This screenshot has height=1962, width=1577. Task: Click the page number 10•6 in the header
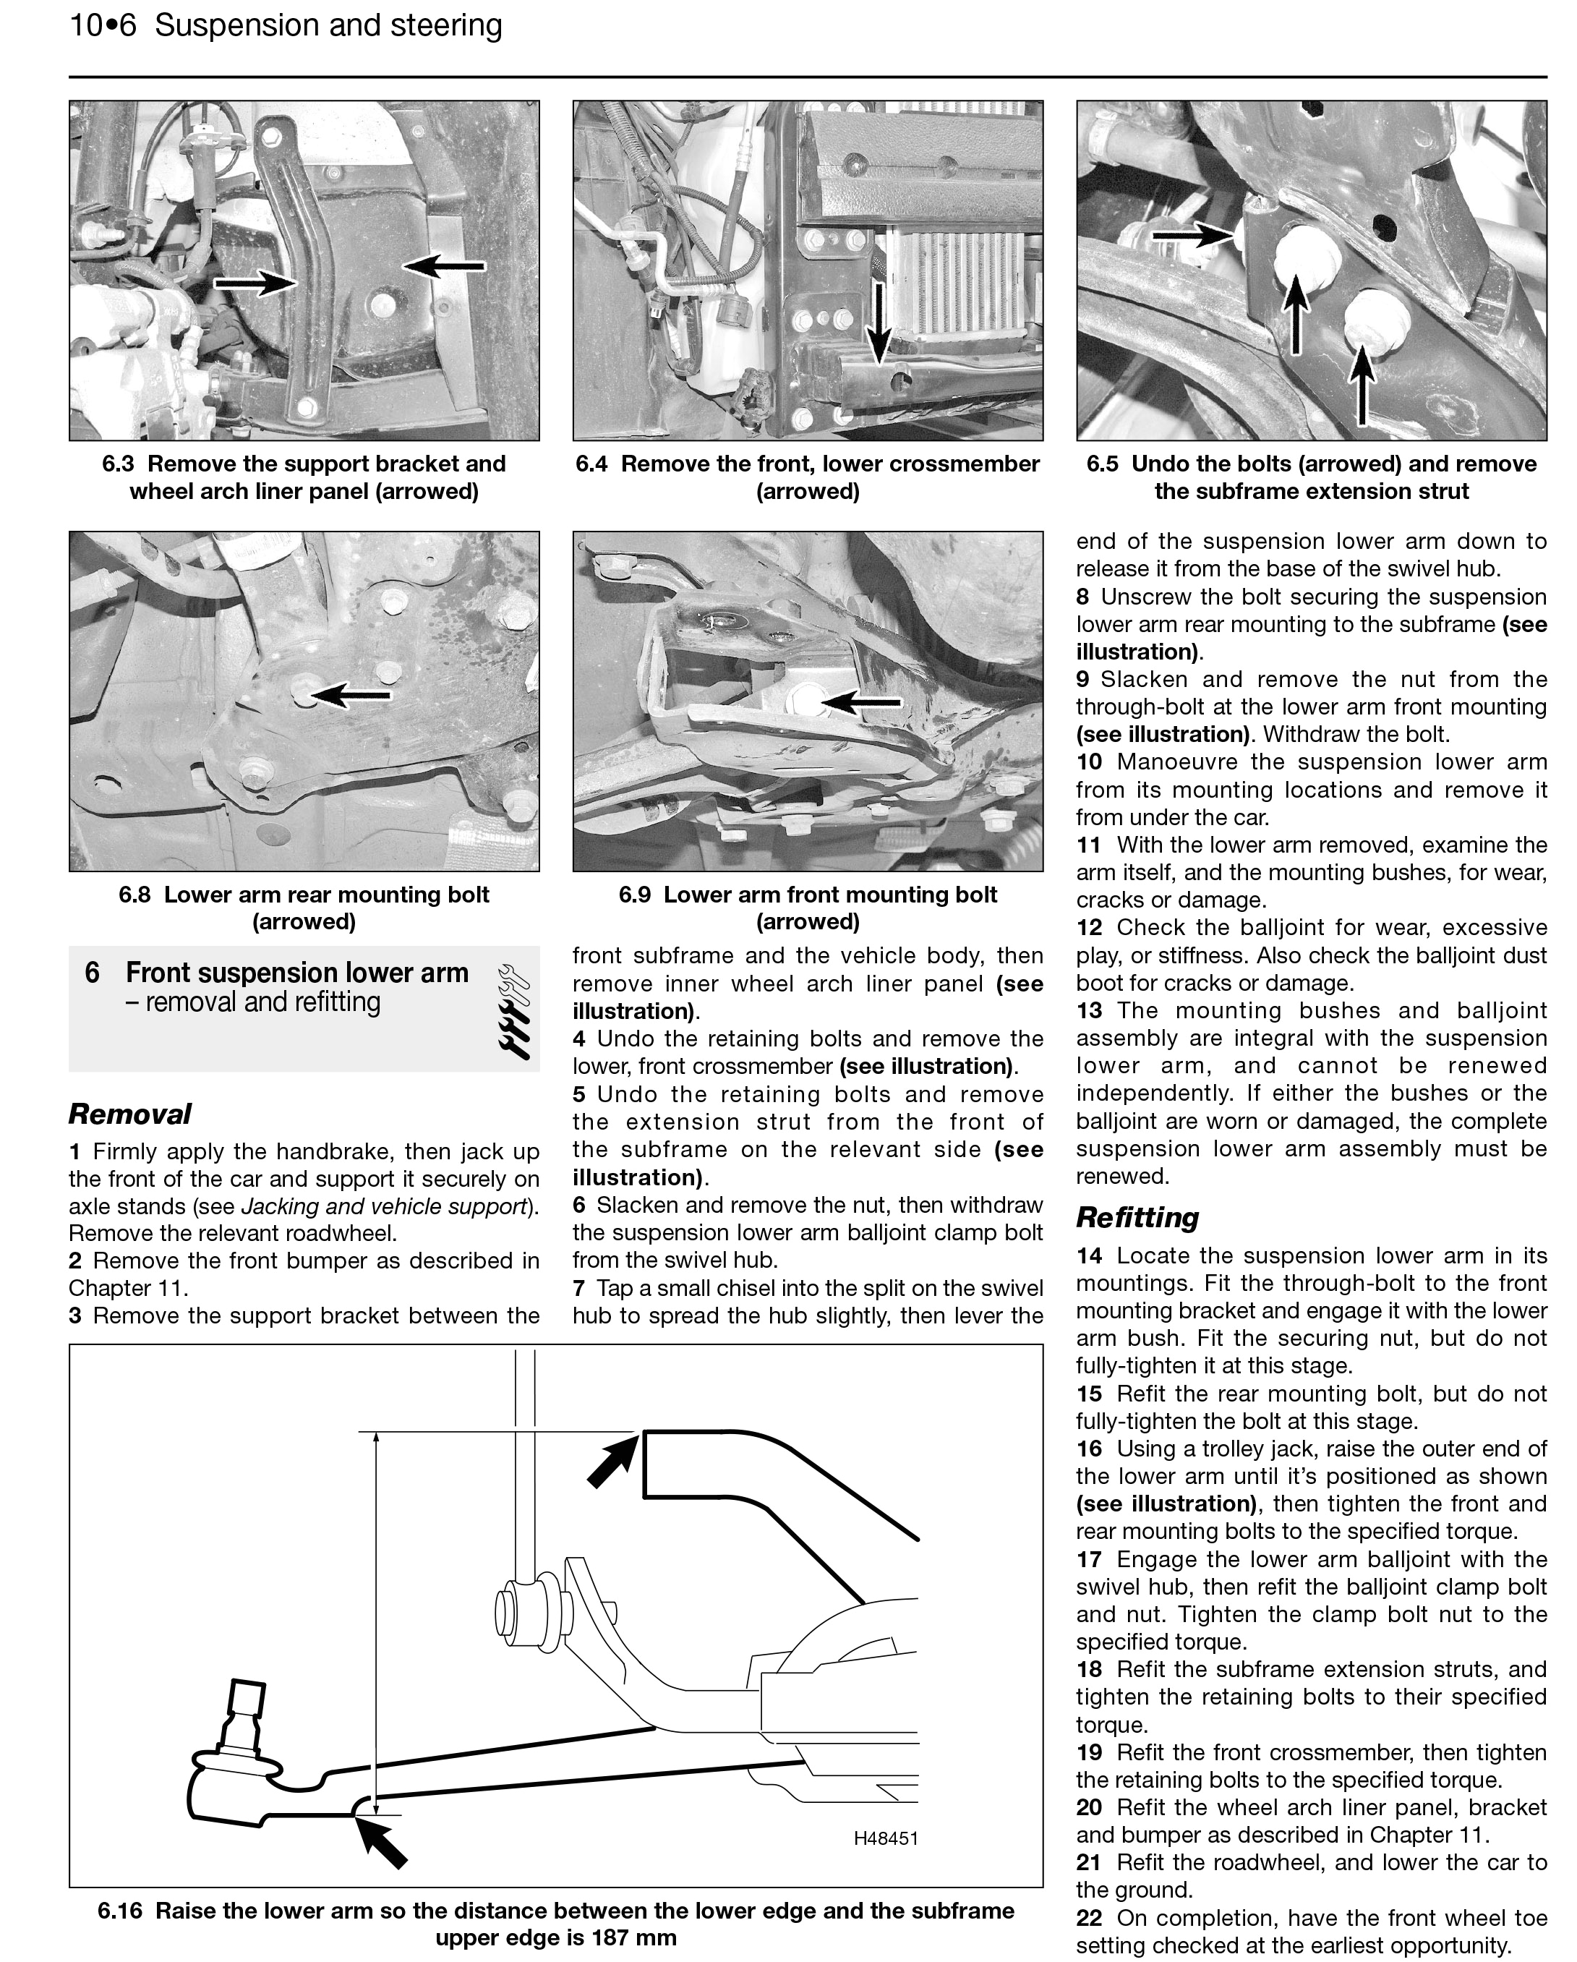pos(102,25)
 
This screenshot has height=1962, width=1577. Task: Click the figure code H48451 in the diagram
pos(886,1838)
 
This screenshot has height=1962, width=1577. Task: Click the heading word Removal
pos(129,1114)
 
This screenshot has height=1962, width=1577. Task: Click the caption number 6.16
pos(119,1910)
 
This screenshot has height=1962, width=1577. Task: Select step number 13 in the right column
pos(1088,1010)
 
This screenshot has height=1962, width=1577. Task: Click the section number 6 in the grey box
pos(92,973)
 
